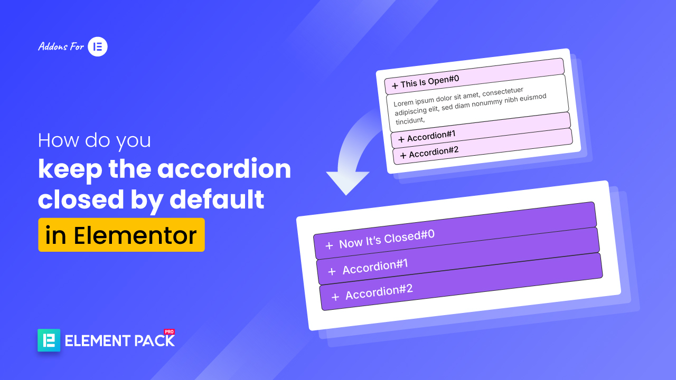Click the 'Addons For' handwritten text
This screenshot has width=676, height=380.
(61, 47)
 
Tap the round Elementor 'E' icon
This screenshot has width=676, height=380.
(98, 47)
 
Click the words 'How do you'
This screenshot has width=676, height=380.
(95, 140)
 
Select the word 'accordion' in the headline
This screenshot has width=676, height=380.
(224, 169)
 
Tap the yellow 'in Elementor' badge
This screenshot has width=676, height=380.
(121, 235)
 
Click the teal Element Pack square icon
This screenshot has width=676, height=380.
(49, 340)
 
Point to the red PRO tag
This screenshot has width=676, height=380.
(169, 332)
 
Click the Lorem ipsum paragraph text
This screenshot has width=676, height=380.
(470, 103)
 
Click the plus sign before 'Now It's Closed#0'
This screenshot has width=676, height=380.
(329, 245)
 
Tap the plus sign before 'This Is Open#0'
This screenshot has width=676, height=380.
(395, 85)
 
